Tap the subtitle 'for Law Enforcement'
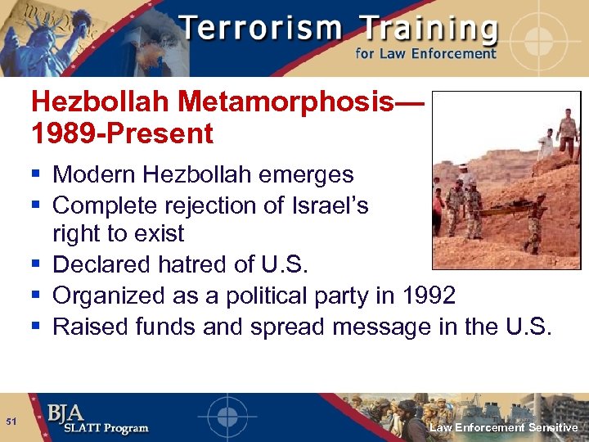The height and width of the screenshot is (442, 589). pyautogui.click(x=425, y=54)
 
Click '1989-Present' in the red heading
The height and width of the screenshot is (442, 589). pyautogui.click(x=122, y=133)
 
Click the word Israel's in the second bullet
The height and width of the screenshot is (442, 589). pyautogui.click(x=326, y=205)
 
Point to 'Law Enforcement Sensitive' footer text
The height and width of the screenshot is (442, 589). pyautogui.click(x=504, y=427)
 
